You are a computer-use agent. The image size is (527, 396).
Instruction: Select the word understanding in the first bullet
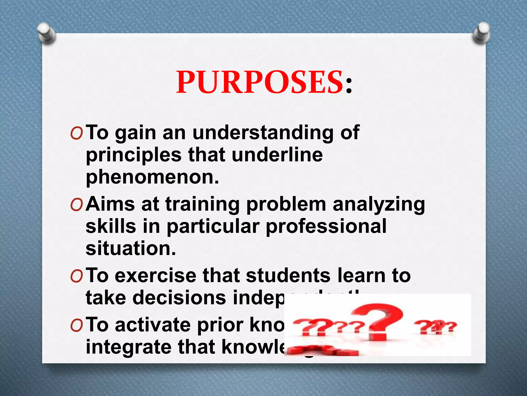click(263, 133)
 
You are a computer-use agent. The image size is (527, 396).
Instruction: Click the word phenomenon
click(152, 177)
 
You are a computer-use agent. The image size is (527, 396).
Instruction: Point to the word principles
click(134, 155)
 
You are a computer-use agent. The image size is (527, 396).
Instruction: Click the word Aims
click(110, 204)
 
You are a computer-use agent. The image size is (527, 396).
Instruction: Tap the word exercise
click(155, 275)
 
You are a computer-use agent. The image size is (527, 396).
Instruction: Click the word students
click(288, 275)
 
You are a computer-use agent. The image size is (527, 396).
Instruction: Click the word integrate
click(129, 348)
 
